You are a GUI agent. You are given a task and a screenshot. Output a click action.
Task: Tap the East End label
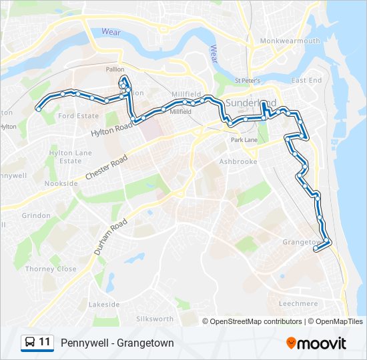(306, 80)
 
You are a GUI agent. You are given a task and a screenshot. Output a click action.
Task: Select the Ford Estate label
(79, 116)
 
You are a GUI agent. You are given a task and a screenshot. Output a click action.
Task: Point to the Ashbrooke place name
(238, 161)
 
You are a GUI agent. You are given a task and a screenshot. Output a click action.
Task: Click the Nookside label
(61, 183)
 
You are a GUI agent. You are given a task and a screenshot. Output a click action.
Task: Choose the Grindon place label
(36, 216)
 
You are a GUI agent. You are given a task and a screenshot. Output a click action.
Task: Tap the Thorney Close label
(51, 269)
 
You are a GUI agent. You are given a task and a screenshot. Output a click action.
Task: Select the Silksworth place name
(155, 319)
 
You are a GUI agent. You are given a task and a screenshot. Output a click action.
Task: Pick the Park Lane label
(244, 141)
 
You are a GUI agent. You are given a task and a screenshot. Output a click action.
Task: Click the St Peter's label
(247, 81)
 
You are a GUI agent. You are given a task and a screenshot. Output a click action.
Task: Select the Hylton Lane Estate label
(65, 157)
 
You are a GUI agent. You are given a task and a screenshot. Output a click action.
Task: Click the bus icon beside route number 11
(30, 343)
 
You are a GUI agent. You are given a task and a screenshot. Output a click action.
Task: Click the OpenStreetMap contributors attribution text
(255, 321)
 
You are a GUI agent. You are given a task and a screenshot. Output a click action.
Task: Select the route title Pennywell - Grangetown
(117, 343)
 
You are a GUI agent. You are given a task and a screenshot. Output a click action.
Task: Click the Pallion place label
(115, 69)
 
